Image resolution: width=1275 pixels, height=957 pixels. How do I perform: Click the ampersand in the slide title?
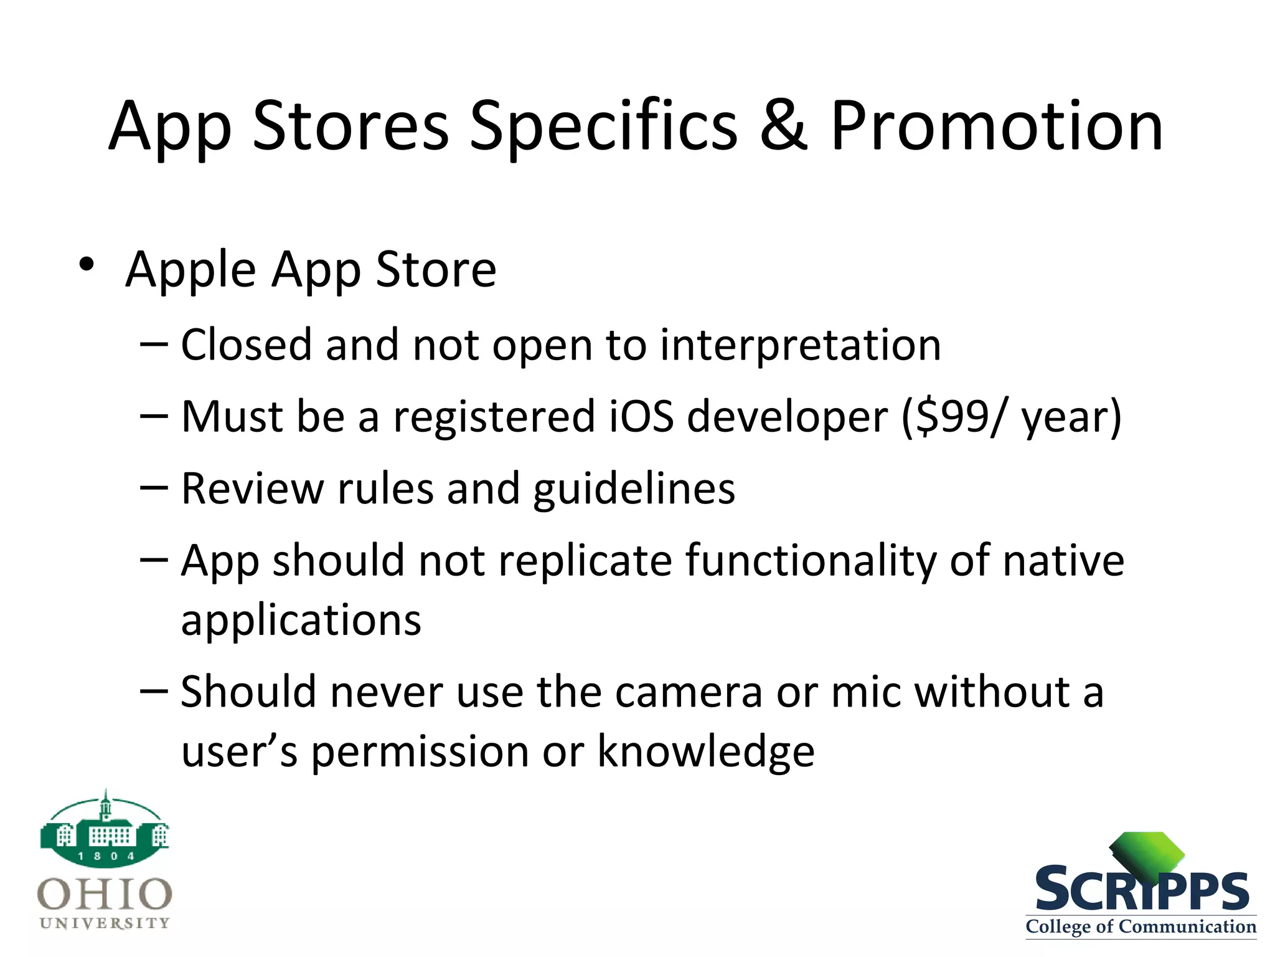(x=783, y=126)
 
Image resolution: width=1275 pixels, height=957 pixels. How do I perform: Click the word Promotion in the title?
(x=996, y=126)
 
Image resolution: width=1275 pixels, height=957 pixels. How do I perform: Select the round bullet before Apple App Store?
(x=87, y=265)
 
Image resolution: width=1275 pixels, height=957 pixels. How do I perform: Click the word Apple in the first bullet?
(x=191, y=270)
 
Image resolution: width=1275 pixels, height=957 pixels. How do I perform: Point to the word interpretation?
(x=800, y=345)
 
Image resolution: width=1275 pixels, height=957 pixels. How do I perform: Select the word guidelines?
(x=634, y=489)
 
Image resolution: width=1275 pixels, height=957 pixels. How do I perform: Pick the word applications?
(x=301, y=621)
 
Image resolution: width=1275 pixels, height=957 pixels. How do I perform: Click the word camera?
(x=689, y=692)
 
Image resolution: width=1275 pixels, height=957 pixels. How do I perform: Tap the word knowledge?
(x=706, y=751)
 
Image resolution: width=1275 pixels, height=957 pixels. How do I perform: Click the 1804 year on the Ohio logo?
(x=106, y=856)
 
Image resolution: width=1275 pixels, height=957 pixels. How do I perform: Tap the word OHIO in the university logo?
(x=105, y=894)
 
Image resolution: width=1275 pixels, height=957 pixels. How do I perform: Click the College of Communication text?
(x=1141, y=926)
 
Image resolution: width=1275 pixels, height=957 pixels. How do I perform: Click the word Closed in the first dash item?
(x=246, y=345)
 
